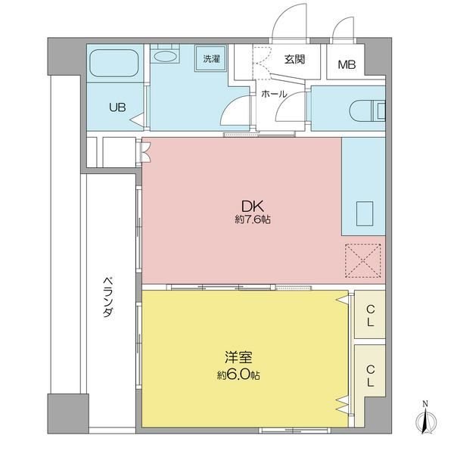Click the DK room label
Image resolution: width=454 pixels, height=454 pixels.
point(253,207)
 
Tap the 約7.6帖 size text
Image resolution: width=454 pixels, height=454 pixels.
point(253,219)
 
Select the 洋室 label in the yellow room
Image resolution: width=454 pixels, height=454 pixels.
point(239,357)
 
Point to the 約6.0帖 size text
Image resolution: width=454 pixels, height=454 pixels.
point(239,375)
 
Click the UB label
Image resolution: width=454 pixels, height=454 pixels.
point(117,107)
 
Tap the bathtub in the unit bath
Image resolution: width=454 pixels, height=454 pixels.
point(113,63)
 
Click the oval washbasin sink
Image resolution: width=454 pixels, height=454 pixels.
point(165,56)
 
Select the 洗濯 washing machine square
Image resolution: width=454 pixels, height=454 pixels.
point(211,58)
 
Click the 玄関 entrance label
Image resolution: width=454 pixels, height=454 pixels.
point(294,59)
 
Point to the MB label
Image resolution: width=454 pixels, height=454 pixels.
point(347,64)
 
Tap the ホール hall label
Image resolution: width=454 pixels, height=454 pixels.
point(274,94)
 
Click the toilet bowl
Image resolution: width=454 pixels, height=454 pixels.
point(364,111)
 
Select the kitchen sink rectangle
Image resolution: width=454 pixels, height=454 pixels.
point(365,213)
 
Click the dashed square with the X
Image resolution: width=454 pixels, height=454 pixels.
point(362,261)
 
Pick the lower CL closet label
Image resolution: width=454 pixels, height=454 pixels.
point(370,376)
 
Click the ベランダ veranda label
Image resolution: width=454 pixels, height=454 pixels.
point(108,297)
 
